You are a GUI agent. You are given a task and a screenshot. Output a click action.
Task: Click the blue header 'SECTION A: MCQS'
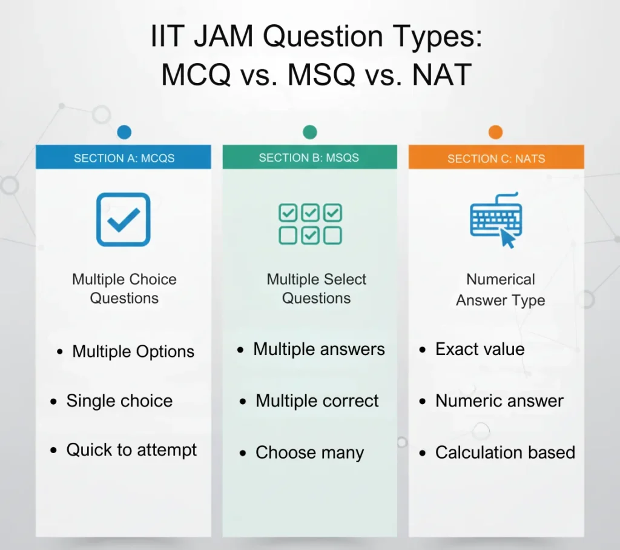(124, 158)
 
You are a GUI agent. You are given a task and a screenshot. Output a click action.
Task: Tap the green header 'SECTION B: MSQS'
(309, 157)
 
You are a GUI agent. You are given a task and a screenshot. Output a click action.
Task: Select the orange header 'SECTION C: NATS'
(496, 159)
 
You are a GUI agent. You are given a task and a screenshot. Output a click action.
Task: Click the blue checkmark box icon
(124, 219)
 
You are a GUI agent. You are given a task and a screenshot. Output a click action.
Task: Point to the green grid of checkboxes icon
(310, 224)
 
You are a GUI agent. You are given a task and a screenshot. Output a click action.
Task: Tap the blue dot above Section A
(124, 132)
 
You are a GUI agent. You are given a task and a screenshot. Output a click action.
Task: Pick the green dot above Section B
(309, 132)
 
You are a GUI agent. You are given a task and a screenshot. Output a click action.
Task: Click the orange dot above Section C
(495, 132)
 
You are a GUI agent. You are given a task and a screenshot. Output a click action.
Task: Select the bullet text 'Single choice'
(119, 401)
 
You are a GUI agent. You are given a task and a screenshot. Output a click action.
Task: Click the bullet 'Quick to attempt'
(131, 450)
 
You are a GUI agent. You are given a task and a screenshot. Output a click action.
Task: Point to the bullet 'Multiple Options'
(133, 352)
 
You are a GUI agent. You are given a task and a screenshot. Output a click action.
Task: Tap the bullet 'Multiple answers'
(318, 350)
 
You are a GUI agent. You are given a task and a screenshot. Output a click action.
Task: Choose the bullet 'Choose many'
(309, 453)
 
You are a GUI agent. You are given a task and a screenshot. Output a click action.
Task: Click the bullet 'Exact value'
(480, 350)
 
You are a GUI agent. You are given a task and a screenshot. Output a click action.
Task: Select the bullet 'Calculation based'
(505, 453)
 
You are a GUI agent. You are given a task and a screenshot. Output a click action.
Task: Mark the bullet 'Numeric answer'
(500, 401)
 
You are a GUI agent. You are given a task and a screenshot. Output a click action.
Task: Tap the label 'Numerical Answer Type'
(500, 290)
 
